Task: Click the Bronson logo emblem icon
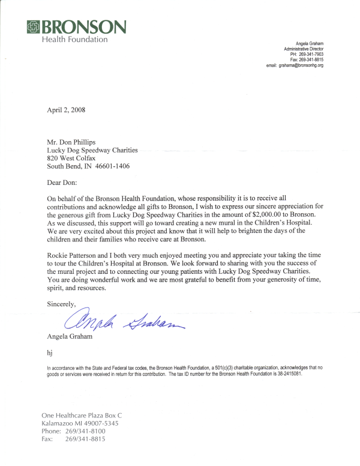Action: point(34,26)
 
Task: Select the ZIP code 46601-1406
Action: point(109,166)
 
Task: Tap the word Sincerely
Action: point(62,304)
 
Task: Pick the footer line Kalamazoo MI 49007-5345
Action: point(80,423)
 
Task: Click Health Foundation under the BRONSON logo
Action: point(75,40)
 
